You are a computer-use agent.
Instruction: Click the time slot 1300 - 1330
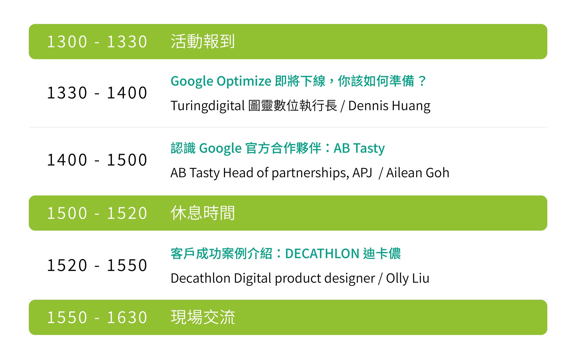[97, 42]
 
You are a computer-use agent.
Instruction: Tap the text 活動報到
[203, 41]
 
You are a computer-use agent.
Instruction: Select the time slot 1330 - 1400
[97, 93]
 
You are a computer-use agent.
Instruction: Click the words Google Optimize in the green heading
[221, 81]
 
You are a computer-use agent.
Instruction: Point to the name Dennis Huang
[389, 106]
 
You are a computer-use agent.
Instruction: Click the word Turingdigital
[208, 106]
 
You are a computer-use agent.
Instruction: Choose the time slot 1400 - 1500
[97, 160]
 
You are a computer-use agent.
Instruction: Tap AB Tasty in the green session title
[359, 149]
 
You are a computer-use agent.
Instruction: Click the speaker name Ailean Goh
[417, 173]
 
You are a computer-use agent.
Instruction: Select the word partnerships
[310, 173]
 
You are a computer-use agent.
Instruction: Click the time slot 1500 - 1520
[97, 213]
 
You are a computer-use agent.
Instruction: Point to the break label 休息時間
[203, 213]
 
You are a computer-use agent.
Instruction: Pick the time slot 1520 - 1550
[97, 265]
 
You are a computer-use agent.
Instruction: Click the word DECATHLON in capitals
[322, 254]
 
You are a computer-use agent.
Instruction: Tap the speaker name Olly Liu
[408, 278]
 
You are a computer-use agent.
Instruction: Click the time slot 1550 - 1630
[97, 317]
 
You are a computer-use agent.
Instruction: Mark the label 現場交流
[203, 317]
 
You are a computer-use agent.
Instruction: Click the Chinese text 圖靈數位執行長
[293, 105]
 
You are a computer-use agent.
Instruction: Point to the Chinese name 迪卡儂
[382, 254]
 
